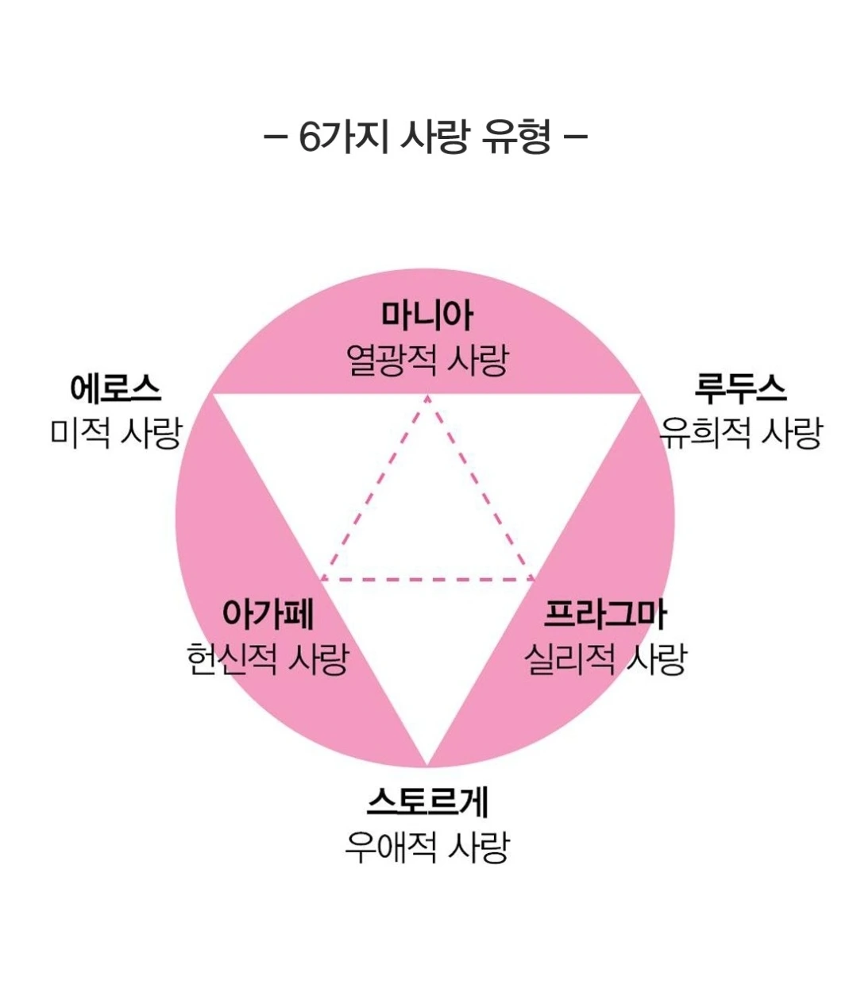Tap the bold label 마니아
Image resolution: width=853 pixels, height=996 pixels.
tap(426, 316)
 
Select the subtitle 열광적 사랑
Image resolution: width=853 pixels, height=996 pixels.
tap(426, 361)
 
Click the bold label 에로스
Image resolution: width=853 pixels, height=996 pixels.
tap(116, 389)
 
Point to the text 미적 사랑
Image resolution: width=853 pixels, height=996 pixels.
tap(116, 433)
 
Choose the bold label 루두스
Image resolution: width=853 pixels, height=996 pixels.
tap(740, 389)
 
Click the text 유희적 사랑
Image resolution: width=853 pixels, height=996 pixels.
tap(740, 433)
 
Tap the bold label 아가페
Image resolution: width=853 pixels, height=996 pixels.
tap(267, 614)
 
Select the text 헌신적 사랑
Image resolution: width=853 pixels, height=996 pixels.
tap(267, 659)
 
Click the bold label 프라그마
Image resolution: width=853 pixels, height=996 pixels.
tap(605, 614)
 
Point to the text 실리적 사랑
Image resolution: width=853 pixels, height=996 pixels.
tap(605, 659)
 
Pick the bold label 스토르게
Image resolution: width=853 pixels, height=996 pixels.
tap(426, 802)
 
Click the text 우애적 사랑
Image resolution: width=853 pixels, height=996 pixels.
tap(426, 847)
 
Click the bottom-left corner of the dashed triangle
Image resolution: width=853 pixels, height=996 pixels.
tap(322, 579)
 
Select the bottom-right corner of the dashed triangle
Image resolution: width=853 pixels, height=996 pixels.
tap(534, 579)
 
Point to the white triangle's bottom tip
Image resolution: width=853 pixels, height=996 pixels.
tap(426, 764)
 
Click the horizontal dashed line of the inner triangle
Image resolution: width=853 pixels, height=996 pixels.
tap(427, 579)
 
